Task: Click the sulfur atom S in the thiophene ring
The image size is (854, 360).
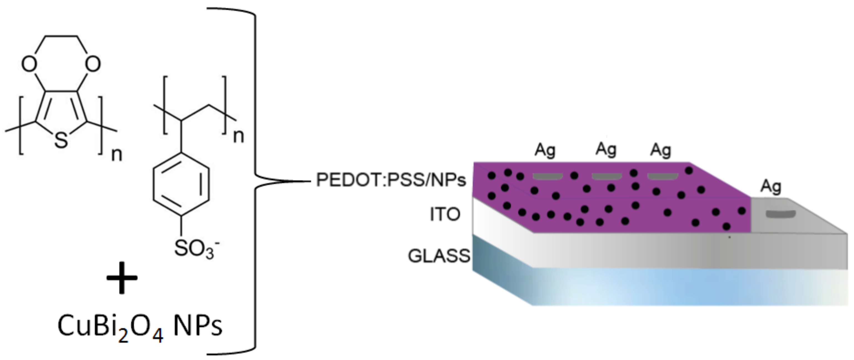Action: point(61,140)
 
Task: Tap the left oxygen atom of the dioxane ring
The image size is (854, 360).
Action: point(29,64)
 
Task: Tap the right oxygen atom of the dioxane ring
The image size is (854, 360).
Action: point(92,64)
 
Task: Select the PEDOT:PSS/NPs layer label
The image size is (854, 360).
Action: point(391,180)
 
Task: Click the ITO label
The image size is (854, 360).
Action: point(445,214)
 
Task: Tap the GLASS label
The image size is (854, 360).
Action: point(439,256)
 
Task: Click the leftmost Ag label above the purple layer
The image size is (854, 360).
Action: point(545,150)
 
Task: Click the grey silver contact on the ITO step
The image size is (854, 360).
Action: point(780,214)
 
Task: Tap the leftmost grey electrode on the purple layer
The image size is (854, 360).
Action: point(547,176)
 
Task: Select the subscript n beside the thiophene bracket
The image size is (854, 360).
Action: point(116,154)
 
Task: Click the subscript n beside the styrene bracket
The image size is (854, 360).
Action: point(238,136)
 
